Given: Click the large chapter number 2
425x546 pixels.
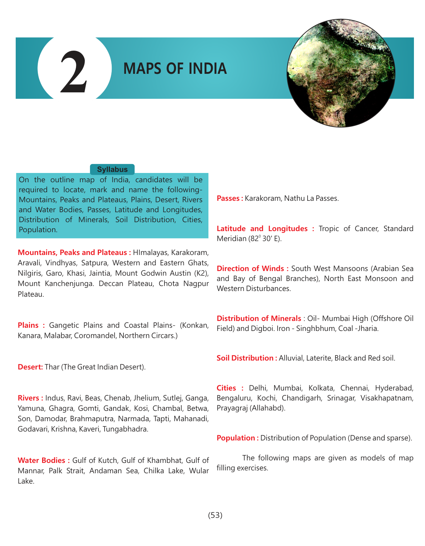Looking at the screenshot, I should [x=74, y=72].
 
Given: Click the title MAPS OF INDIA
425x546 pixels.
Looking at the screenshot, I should [x=175, y=68].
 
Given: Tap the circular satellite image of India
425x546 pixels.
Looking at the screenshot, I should [x=341, y=73].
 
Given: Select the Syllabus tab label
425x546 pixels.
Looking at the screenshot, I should [x=112, y=169].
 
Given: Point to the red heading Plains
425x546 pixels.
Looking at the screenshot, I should [x=31, y=325].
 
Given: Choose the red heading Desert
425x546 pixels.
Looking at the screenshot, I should [x=30, y=367].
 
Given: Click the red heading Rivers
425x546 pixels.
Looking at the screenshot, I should [x=30, y=398].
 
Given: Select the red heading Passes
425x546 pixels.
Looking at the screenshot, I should [x=229, y=198].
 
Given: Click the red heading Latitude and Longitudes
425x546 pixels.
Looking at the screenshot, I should [x=265, y=229].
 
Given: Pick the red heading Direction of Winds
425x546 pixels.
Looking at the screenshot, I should [x=252, y=269].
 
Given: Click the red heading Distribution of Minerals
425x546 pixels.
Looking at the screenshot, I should [x=259, y=318].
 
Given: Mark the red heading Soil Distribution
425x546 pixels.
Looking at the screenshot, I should [x=247, y=358].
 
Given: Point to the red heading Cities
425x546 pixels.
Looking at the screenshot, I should [x=229, y=388].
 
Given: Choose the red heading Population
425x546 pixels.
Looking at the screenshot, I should [x=237, y=438].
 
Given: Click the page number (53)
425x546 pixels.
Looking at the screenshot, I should [x=215, y=515].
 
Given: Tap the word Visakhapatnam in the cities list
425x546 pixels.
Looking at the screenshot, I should [x=387, y=398].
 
